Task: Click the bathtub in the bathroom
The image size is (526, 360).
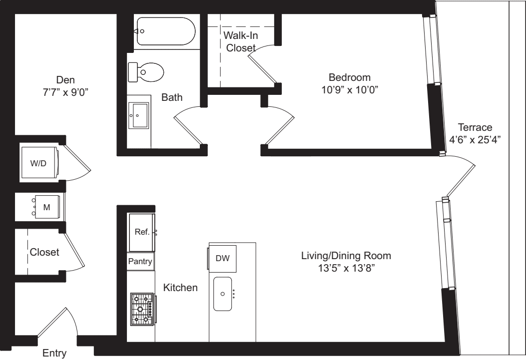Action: tap(166, 31)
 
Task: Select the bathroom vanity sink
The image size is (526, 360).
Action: tap(138, 116)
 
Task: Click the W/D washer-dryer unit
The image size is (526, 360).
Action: tap(40, 163)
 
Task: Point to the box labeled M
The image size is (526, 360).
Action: tap(46, 207)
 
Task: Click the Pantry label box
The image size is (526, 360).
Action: tap(140, 261)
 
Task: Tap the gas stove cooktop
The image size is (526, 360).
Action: tap(142, 309)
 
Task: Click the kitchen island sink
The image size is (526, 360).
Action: tap(223, 294)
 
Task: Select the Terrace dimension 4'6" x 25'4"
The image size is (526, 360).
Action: tap(475, 140)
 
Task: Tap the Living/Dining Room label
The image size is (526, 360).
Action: tap(346, 256)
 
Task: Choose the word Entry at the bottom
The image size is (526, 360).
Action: tap(54, 354)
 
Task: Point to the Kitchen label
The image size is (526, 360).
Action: tap(181, 288)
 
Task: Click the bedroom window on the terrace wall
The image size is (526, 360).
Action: tap(432, 50)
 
